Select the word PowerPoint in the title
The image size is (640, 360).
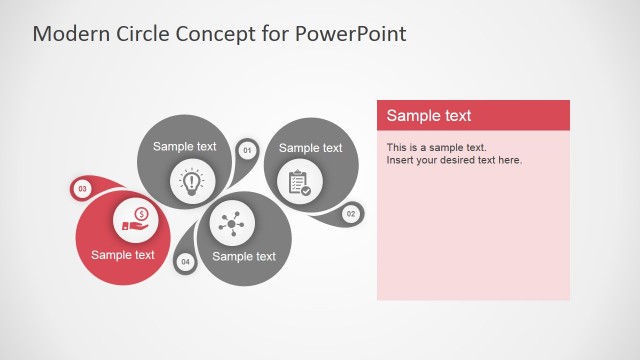pyautogui.click(x=351, y=33)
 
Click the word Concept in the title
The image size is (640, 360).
pyautogui.click(x=217, y=33)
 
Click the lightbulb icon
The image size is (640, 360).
pyautogui.click(x=190, y=181)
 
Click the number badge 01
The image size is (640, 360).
pyautogui.click(x=247, y=151)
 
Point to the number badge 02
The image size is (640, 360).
pyautogui.click(x=351, y=214)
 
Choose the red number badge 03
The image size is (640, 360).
pyautogui.click(x=82, y=188)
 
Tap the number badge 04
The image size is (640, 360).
pyautogui.click(x=185, y=262)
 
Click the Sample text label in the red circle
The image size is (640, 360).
pyautogui.click(x=123, y=254)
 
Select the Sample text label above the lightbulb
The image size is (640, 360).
pyautogui.click(x=184, y=146)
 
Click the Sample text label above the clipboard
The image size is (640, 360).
pyautogui.click(x=310, y=148)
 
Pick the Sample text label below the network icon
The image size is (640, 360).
pyautogui.click(x=244, y=256)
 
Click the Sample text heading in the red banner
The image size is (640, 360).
pyautogui.click(x=429, y=115)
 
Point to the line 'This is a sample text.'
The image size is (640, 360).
pyautogui.click(x=436, y=148)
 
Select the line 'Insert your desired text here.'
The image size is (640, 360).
pyautogui.click(x=454, y=160)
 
